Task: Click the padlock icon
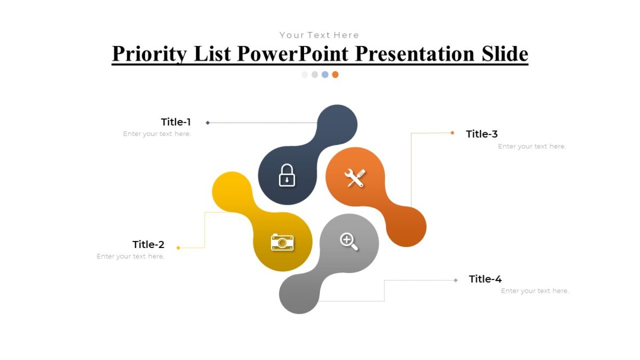coord(287,175)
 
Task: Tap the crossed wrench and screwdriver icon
coord(355,178)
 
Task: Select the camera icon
coord(282,242)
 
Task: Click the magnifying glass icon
coord(349,241)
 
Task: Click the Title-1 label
coord(176,122)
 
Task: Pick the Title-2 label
coord(148,245)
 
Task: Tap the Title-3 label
coord(482,134)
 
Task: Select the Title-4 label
coord(485,279)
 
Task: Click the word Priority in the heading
coord(150,54)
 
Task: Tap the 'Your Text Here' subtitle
coord(319,35)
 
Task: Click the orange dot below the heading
coord(335,75)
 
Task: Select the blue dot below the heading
coord(325,75)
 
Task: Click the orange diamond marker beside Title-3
coord(452,133)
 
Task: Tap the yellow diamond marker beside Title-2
coord(178,247)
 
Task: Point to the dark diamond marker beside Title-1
coord(207,123)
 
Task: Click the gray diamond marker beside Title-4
coord(455,280)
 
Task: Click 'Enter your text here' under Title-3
coord(532,146)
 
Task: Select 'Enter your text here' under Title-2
coord(131,257)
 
